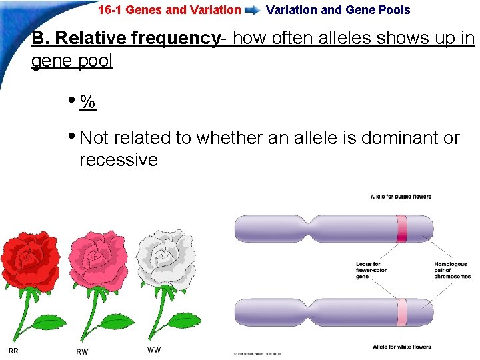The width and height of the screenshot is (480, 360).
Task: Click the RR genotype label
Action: tap(13, 351)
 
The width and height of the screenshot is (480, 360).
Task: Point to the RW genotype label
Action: tap(82, 351)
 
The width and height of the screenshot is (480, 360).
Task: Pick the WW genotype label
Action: tap(153, 349)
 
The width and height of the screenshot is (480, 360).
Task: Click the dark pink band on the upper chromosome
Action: tap(402, 229)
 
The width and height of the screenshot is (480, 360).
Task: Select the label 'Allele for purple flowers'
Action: tap(401, 197)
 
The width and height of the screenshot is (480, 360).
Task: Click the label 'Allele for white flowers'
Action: tap(401, 347)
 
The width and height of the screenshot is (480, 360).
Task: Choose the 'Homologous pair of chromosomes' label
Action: tap(452, 270)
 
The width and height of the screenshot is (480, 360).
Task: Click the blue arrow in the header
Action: tap(253, 11)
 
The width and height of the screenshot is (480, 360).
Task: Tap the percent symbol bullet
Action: tap(87, 102)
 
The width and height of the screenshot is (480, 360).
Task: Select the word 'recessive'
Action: tap(118, 160)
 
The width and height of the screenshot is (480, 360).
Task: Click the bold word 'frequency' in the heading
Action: tap(175, 39)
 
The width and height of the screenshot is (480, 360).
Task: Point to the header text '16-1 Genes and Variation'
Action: tap(169, 10)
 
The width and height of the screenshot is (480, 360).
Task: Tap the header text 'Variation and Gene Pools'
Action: tap(338, 10)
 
